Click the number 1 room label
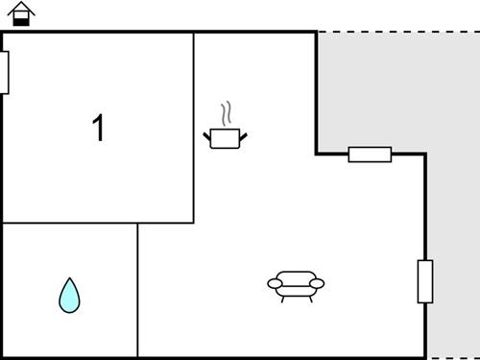[97, 128]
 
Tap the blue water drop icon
[69, 296]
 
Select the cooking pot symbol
[225, 138]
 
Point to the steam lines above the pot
[227, 114]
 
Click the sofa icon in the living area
[296, 284]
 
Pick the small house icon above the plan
[21, 15]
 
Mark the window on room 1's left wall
[4, 72]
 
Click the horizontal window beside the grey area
[370, 154]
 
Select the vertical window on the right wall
[424, 281]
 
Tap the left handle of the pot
[207, 135]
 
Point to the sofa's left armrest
[274, 284]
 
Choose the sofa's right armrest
[318, 284]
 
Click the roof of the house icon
[21, 9]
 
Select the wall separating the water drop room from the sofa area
[138, 288]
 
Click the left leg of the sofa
[283, 299]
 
